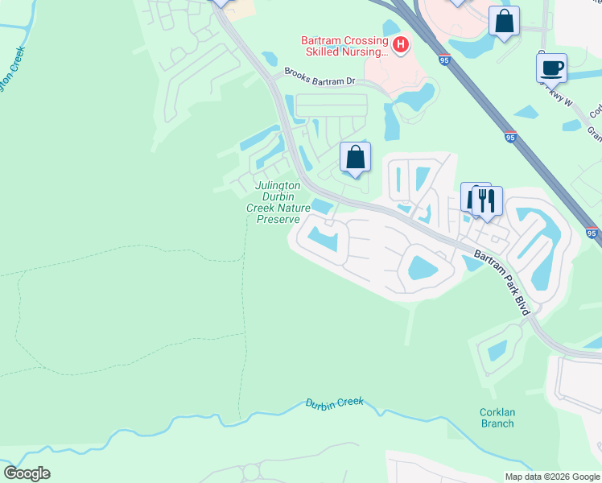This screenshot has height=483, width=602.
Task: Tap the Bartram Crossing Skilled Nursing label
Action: pyautogui.click(x=344, y=46)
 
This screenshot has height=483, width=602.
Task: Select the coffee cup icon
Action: pyautogui.click(x=551, y=68)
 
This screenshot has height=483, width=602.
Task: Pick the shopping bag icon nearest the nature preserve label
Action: pyautogui.click(x=355, y=157)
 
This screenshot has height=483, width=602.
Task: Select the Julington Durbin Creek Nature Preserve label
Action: pyautogui.click(x=278, y=202)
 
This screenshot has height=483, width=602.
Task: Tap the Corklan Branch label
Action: pyautogui.click(x=497, y=417)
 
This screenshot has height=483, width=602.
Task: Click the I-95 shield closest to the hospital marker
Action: pyautogui.click(x=444, y=59)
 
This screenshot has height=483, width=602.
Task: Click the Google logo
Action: pyautogui.click(x=27, y=473)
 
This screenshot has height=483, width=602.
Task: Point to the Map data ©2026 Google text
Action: pyautogui.click(x=551, y=477)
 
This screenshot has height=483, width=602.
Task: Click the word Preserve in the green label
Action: pyautogui.click(x=278, y=219)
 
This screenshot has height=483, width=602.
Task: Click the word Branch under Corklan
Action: pyautogui.click(x=497, y=423)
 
